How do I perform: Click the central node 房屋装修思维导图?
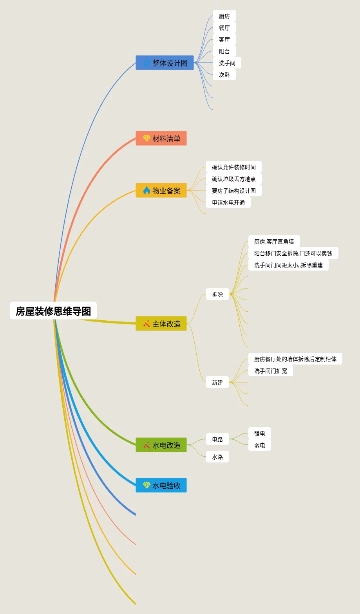pyautogui.click(x=53, y=311)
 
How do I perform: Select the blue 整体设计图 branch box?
pyautogui.click(x=165, y=63)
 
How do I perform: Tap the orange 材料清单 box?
pyautogui.click(x=161, y=138)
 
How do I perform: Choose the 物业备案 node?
pyautogui.click(x=161, y=190)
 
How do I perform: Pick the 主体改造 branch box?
pyautogui.click(x=161, y=323)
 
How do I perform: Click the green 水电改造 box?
pyautogui.click(x=161, y=445)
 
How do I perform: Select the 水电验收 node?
pyautogui.click(x=161, y=485)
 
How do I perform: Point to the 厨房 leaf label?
pyautogui.click(x=224, y=16)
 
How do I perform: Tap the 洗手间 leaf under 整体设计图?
pyautogui.click(x=227, y=63)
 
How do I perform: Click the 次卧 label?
pyautogui.click(x=224, y=74)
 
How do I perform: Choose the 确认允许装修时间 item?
pyautogui.click(x=234, y=167)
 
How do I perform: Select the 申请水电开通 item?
pyautogui.click(x=228, y=202)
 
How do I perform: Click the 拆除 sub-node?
pyautogui.click(x=217, y=294)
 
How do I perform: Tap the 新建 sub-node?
pyautogui.click(x=217, y=382)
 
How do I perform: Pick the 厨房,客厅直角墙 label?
pyautogui.click(x=274, y=241)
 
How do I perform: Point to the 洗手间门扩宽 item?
pyautogui.click(x=271, y=370)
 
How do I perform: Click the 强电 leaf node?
pyautogui.click(x=260, y=433)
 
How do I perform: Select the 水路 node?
pyautogui.click(x=217, y=457)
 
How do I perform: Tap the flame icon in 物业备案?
pyautogui.click(x=147, y=190)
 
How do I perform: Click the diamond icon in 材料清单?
pyautogui.click(x=147, y=138)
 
